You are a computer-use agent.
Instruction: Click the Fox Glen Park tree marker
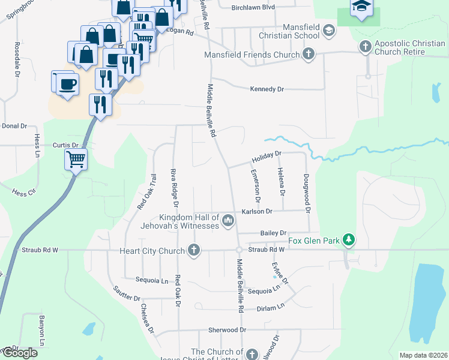click(349, 241)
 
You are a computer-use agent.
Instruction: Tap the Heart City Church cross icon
click(193, 250)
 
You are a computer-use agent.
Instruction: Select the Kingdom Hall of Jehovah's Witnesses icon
click(228, 221)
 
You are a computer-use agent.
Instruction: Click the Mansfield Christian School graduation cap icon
click(328, 30)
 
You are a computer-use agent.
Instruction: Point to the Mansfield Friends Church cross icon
click(309, 55)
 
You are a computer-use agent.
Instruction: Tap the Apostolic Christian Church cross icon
click(365, 46)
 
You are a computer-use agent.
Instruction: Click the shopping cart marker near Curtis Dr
click(76, 160)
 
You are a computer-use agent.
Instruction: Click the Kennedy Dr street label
click(267, 89)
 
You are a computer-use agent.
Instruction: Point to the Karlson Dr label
click(257, 211)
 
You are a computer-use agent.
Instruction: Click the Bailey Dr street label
click(274, 233)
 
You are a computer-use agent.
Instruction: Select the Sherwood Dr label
click(228, 330)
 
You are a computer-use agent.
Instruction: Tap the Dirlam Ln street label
click(270, 308)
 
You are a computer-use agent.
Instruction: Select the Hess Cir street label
click(23, 193)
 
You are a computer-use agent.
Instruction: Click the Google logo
click(19, 353)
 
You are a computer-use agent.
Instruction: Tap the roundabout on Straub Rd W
click(238, 250)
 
